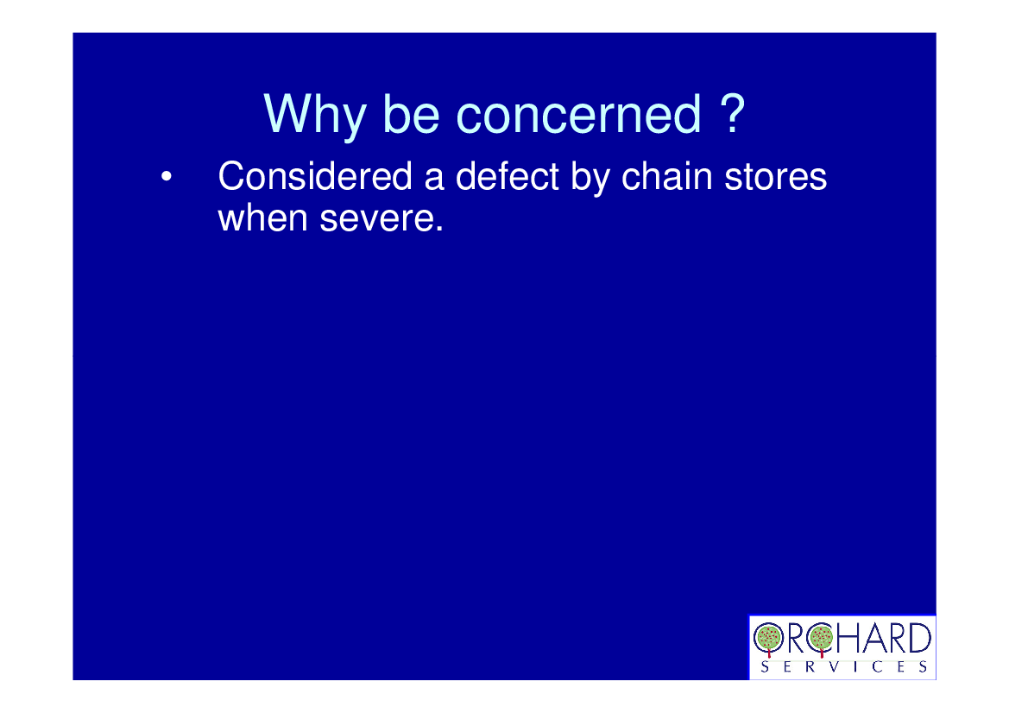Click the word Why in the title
315,116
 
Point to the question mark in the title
732,112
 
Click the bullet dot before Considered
166,176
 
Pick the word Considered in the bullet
315,176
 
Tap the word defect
507,176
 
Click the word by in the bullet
590,180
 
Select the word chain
666,176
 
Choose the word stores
775,177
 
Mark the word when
262,218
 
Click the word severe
382,218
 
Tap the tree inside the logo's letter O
768,639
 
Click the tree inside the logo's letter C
821,639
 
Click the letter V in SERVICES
834,666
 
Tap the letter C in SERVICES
878,666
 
